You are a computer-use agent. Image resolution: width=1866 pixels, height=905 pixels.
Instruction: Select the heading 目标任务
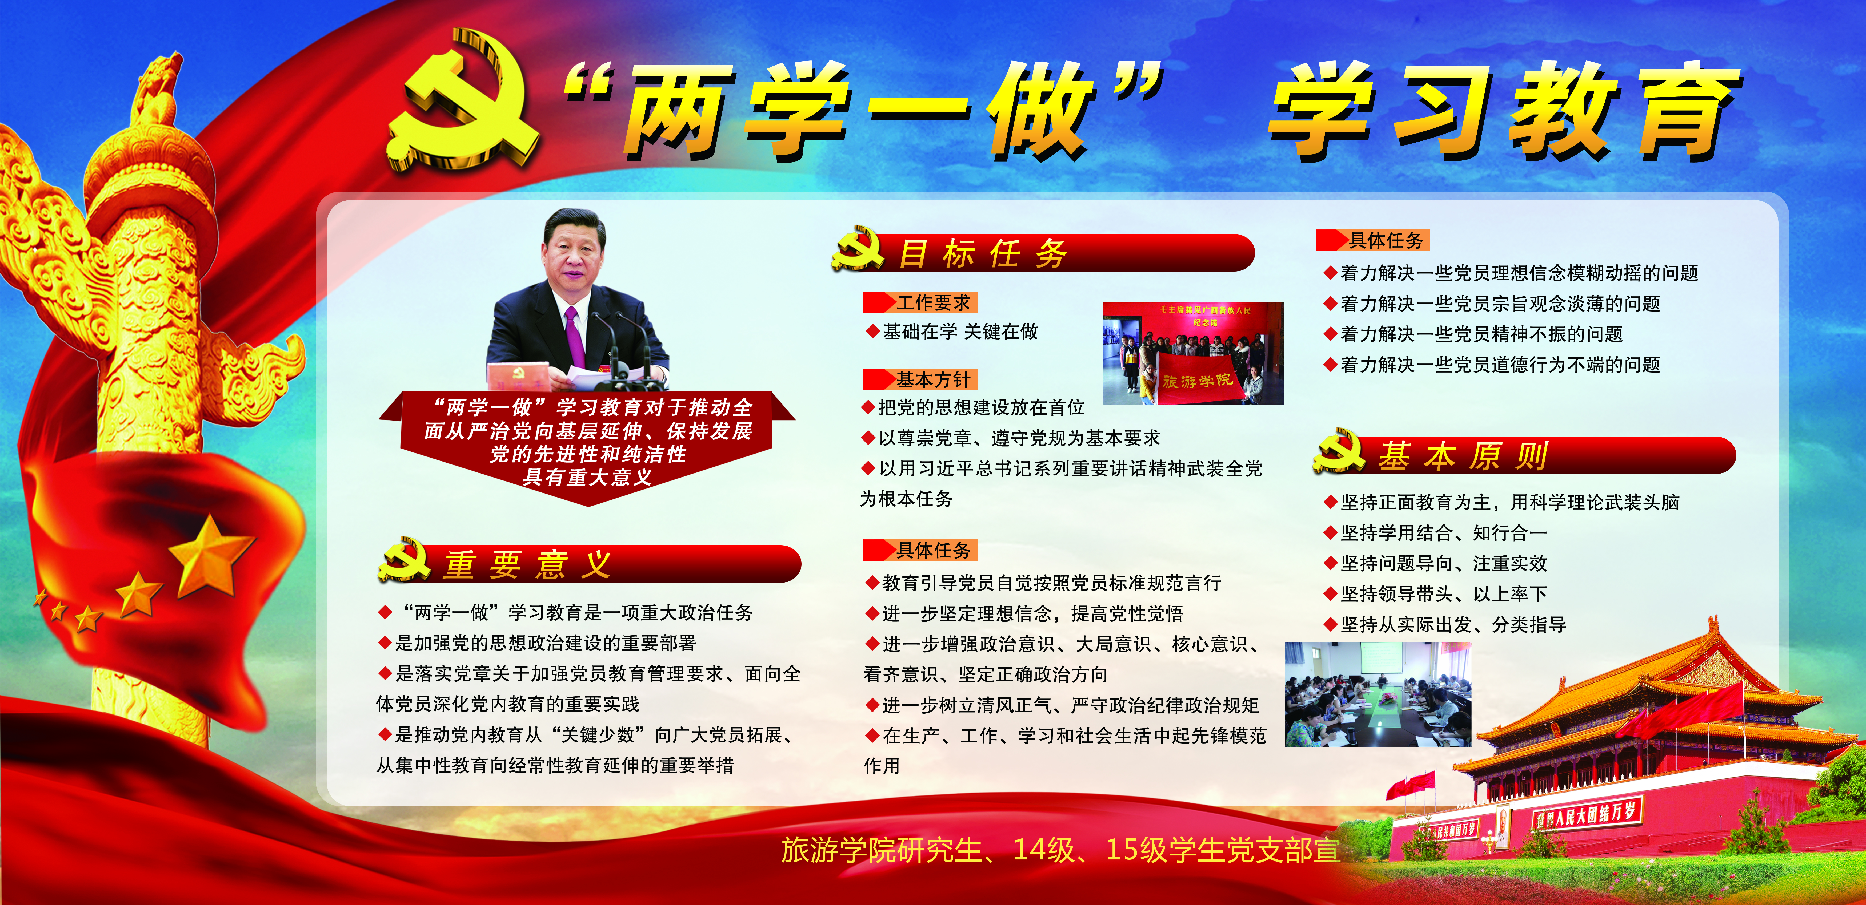[x=982, y=253]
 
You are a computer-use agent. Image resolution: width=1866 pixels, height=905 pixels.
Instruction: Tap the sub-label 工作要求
[x=933, y=303]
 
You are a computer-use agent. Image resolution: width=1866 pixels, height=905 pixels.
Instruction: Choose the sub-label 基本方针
[x=933, y=379]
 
